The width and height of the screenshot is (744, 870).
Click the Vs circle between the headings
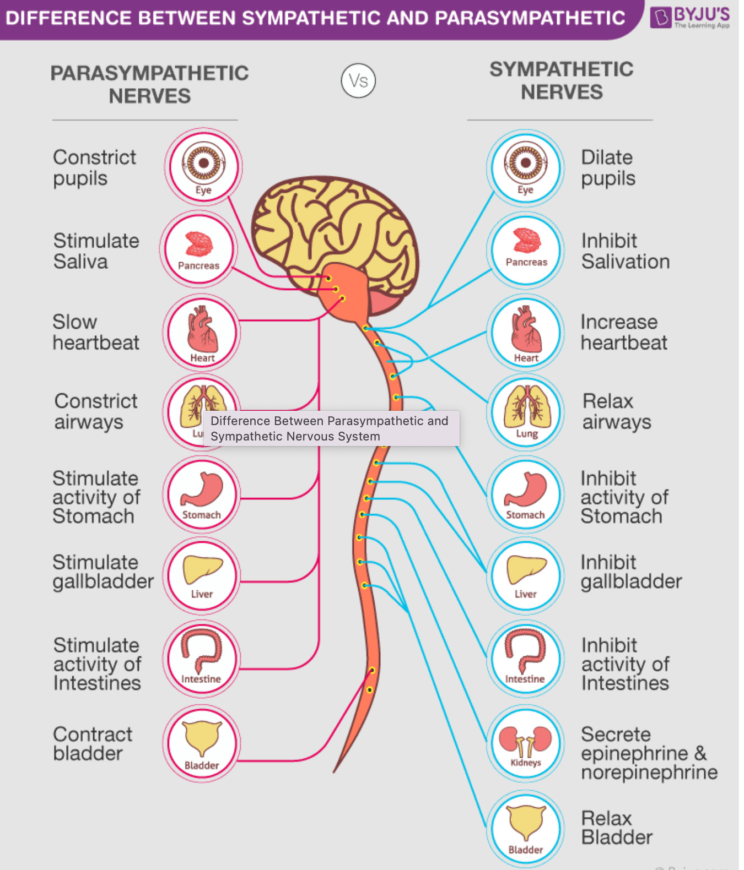(358, 81)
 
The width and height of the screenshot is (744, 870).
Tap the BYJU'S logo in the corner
(690, 17)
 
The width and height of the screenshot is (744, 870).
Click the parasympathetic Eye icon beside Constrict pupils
(203, 166)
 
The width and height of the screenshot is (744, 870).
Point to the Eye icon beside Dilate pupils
(526, 167)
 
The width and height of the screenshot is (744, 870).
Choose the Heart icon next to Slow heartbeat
(202, 332)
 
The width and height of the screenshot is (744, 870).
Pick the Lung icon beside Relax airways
(526, 411)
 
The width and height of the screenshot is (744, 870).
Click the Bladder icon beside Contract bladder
(202, 743)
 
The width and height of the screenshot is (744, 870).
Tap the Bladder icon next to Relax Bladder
(526, 828)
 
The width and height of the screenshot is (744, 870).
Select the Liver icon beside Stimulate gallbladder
(202, 575)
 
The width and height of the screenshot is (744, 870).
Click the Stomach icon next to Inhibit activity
(526, 494)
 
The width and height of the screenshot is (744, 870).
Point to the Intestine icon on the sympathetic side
(525, 659)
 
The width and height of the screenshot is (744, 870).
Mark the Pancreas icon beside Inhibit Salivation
(526, 249)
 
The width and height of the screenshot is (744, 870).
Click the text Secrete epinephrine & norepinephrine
(649, 753)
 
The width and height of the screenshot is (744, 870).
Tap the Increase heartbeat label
(623, 332)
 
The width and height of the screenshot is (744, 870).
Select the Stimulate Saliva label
(96, 251)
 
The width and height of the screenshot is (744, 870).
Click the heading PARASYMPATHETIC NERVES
(149, 84)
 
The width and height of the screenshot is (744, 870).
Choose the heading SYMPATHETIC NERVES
(562, 80)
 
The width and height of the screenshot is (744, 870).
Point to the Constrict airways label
(95, 411)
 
